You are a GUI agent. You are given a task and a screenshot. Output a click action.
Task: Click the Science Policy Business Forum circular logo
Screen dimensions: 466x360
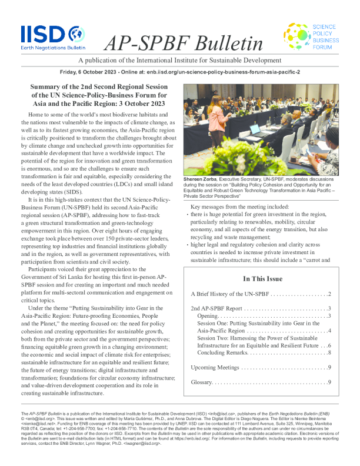(x=295, y=36)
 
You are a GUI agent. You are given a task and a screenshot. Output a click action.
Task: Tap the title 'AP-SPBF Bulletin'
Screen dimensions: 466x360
(x=183, y=42)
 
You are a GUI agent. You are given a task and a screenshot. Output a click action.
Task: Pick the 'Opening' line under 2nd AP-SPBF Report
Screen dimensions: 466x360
(x=208, y=316)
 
